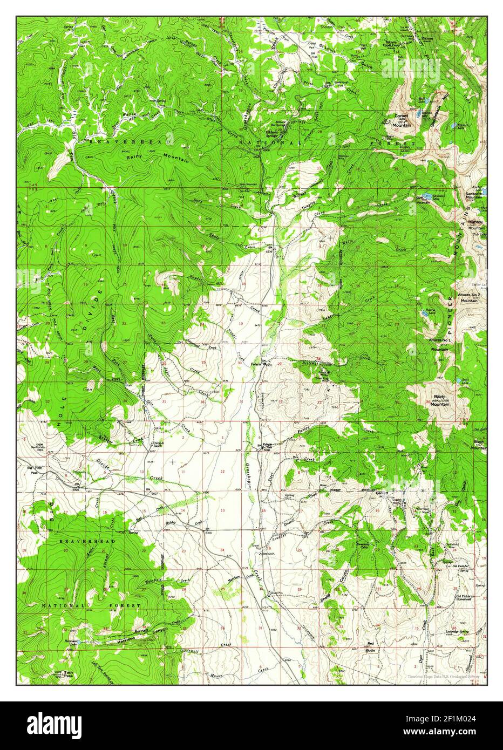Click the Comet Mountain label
(402, 120)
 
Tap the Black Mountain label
(478, 445)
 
